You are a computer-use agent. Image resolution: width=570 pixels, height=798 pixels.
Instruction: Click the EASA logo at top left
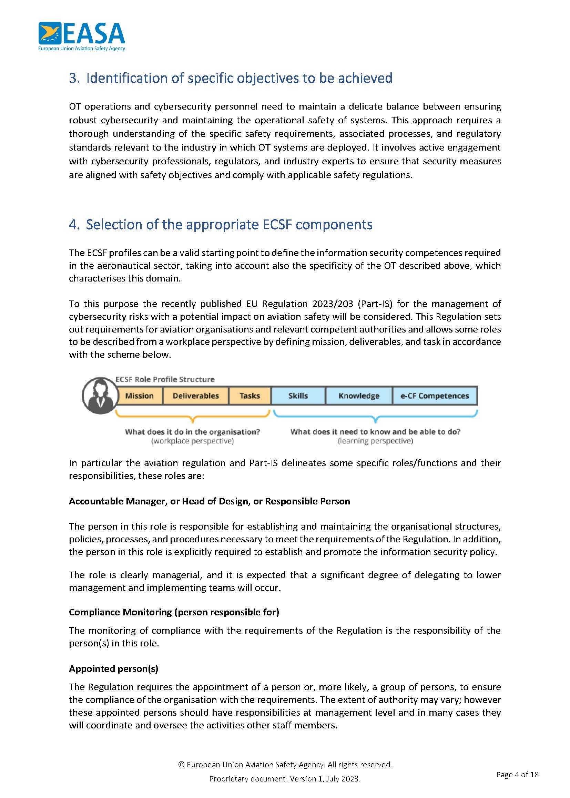tap(81, 37)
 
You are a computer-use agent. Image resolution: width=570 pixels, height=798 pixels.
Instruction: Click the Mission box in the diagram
tap(139, 396)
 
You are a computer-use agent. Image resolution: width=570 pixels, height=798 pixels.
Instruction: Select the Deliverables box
tap(195, 396)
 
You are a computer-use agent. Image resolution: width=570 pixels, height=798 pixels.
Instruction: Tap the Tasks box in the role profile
tap(250, 396)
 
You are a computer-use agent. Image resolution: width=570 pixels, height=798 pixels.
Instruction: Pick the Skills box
tap(298, 396)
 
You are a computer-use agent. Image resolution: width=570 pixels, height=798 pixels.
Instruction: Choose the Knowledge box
tap(359, 396)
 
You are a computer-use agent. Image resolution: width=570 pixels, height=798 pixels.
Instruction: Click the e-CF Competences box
tap(435, 396)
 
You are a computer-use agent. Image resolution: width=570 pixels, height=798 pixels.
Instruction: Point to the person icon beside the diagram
tap(100, 396)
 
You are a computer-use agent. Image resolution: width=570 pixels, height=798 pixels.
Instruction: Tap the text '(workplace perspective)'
tap(192, 441)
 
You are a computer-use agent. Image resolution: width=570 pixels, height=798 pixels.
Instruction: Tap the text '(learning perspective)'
tap(375, 441)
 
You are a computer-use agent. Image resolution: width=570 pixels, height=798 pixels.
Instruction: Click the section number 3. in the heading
tap(74, 78)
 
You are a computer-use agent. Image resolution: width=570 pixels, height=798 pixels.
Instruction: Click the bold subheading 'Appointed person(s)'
tap(113, 669)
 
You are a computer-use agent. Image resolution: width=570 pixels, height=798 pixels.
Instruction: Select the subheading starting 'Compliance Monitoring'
tap(174, 612)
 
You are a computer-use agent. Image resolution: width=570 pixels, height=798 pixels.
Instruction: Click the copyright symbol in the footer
tap(181, 765)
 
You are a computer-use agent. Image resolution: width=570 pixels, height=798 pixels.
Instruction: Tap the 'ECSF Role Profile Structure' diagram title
tap(165, 379)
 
